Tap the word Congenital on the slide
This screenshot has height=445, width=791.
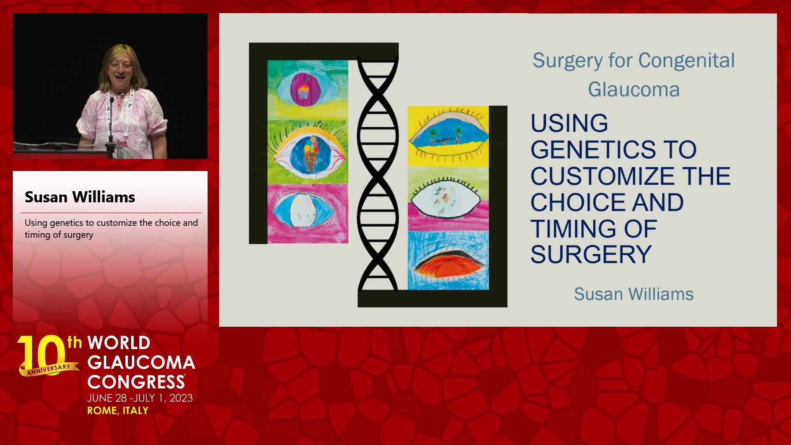pos(686,61)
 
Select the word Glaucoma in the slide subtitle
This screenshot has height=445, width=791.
pos(634,89)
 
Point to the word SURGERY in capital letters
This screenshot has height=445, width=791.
pos(591,254)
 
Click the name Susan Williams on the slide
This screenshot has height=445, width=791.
pos(634,294)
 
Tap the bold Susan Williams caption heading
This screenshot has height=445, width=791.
pos(80,197)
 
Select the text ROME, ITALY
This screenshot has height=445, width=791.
pos(118,410)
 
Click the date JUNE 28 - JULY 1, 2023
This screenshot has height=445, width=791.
pos(140,398)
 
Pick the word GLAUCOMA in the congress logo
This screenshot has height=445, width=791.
pos(141,363)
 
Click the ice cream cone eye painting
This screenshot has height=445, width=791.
pos(308,152)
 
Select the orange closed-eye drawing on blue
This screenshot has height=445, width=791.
pos(448,260)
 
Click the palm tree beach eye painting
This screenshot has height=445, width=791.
pos(448,136)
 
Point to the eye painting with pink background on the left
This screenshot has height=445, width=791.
pos(308,213)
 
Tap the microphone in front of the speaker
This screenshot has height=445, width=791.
pos(111,124)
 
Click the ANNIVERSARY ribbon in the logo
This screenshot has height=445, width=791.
pos(49,369)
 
